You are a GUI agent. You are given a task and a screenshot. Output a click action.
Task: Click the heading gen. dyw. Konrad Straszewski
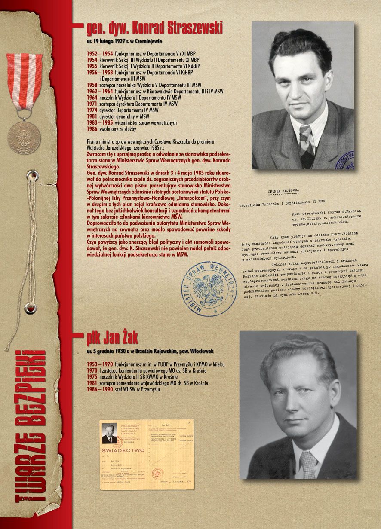pos(155,28)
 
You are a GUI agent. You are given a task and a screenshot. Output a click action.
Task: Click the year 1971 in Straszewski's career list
pos(92,104)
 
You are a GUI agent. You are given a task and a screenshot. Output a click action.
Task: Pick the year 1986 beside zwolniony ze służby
pos(92,128)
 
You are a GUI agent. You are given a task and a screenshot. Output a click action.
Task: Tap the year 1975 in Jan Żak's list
pos(92,376)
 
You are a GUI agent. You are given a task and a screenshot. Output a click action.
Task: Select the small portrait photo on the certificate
pos(109,433)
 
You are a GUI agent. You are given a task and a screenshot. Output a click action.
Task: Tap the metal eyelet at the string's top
pos(31,176)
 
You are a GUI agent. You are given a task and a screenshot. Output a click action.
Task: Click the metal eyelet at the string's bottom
pos(30,307)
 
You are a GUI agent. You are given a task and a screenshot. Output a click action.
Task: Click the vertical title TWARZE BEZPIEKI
pos(31,425)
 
